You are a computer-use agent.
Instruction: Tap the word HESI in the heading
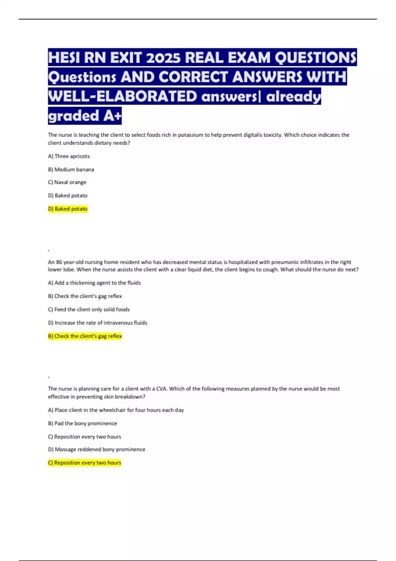tap(64, 58)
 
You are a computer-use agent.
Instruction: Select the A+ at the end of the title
tap(112, 116)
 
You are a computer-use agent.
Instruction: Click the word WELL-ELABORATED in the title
tap(122, 96)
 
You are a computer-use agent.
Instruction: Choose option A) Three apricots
tap(69, 156)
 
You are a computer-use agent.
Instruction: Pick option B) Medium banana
tap(71, 169)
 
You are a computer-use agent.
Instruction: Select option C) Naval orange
tap(67, 182)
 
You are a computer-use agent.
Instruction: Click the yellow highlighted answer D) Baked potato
tap(68, 209)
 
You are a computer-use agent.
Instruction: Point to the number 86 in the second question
tap(59, 262)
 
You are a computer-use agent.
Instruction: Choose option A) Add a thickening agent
tap(94, 283)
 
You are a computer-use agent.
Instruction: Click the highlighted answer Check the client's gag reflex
tap(85, 336)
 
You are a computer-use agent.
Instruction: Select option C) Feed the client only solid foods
tap(89, 309)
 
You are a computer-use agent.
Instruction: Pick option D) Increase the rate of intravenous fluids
tap(97, 323)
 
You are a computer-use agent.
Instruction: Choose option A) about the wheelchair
tap(116, 410)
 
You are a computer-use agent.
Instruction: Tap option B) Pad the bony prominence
tap(82, 423)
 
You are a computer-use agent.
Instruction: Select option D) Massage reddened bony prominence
tap(96, 449)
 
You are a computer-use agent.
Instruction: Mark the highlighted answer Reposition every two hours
tap(84, 463)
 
